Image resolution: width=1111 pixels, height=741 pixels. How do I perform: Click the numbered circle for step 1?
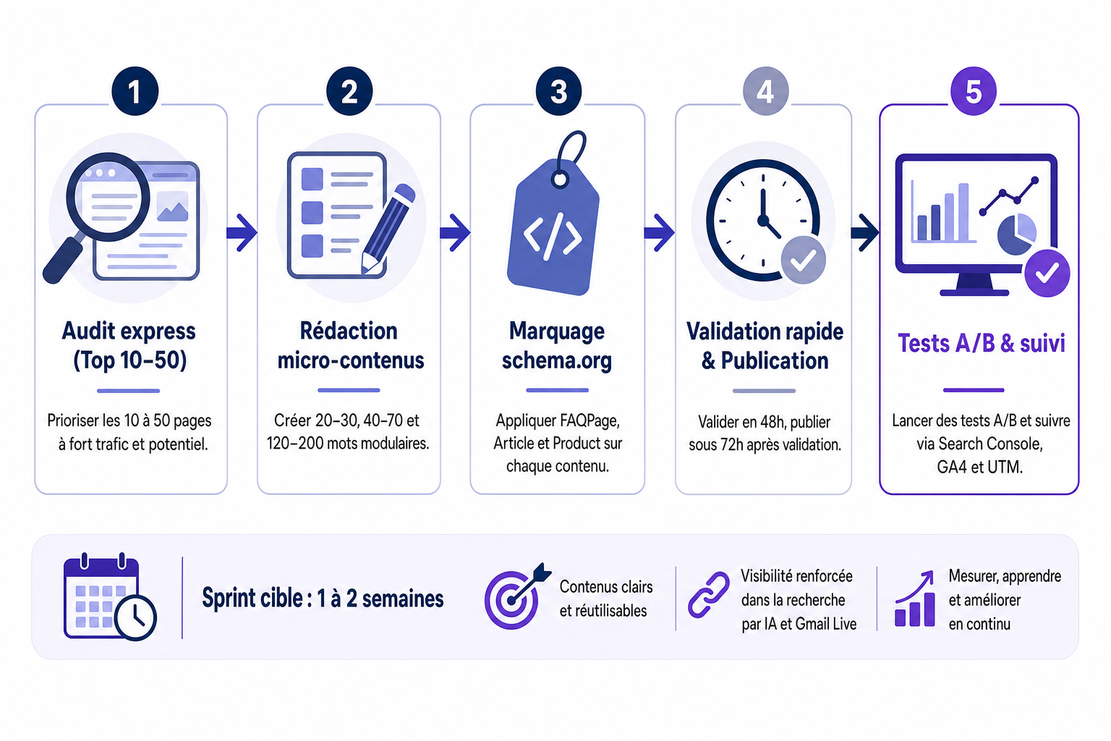[x=135, y=91]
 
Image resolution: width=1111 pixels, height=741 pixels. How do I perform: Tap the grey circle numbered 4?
[x=765, y=91]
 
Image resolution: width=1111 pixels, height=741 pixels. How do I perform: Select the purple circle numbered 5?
[x=973, y=91]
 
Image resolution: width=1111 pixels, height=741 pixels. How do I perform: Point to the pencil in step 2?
[x=388, y=228]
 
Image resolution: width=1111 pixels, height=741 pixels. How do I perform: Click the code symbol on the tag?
[x=553, y=237]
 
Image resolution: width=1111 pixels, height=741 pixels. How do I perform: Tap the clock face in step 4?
[x=762, y=221]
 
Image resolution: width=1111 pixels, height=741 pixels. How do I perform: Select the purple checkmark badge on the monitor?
[x=1047, y=273]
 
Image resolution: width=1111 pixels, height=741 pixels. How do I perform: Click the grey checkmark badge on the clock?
[x=803, y=260]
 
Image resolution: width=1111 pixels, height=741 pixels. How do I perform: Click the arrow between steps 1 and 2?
[x=242, y=232]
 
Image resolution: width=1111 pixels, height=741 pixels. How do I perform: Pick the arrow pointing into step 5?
[x=865, y=232]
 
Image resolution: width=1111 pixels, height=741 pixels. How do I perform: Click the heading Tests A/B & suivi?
[x=981, y=343]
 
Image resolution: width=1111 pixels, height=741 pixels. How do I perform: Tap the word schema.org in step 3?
[x=556, y=361]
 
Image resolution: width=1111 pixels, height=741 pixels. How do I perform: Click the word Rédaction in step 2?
[x=349, y=331]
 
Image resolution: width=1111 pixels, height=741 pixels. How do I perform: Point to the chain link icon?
[x=708, y=595]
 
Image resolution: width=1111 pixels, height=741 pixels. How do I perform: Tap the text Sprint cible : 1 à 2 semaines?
[x=323, y=598]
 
